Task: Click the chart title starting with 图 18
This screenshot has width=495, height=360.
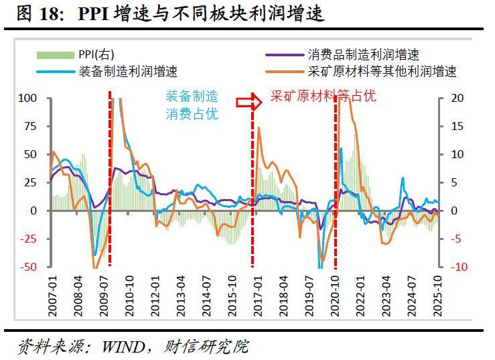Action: coord(165,14)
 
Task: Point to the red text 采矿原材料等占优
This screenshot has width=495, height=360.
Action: coord(323,96)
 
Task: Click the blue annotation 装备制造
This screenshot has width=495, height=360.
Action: coord(192,97)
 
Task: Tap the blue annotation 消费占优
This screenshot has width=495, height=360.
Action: coord(192,114)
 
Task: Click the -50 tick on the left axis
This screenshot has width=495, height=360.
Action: coord(27,267)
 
